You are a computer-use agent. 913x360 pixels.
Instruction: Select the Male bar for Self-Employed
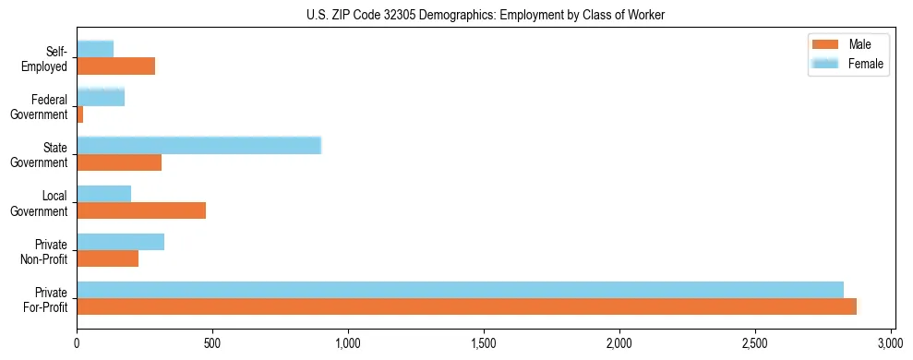point(116,66)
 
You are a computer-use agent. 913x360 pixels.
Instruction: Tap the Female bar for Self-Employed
point(95,49)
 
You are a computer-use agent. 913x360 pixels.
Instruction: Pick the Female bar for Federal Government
point(101,97)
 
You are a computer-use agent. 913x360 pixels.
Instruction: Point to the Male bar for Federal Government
point(80,114)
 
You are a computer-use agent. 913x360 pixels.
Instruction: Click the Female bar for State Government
point(198,145)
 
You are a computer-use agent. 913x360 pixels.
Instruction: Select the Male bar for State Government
point(119,162)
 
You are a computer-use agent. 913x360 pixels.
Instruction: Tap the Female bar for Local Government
point(104,193)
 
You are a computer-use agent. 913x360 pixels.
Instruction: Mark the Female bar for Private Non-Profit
point(121,242)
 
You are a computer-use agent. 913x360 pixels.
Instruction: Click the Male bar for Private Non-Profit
point(108,259)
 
